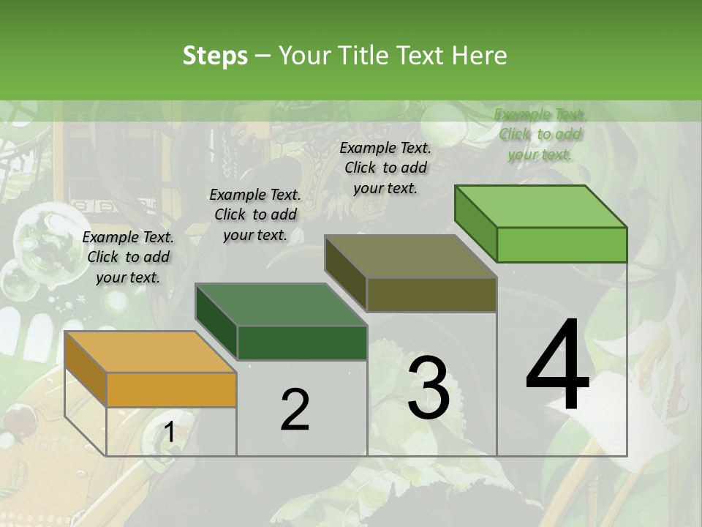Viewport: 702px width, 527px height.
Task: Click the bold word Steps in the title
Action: (215, 56)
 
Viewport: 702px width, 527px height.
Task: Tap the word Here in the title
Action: (480, 56)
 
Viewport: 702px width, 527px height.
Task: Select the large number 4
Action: (557, 366)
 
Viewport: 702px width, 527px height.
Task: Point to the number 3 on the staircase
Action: (429, 388)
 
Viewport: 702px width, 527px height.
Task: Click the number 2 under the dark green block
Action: (295, 410)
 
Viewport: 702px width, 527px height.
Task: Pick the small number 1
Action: (169, 433)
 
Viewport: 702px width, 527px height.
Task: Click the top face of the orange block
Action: (150, 351)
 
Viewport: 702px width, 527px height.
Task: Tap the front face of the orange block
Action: (171, 389)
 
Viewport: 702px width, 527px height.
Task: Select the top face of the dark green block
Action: (281, 304)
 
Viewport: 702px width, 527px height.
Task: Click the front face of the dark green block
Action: (302, 343)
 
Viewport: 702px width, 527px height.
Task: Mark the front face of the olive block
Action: (431, 294)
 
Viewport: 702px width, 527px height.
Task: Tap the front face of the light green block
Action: (562, 244)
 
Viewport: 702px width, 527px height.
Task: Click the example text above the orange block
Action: (128, 257)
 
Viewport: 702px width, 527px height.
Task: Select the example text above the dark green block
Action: (255, 214)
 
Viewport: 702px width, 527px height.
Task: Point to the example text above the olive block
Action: (385, 168)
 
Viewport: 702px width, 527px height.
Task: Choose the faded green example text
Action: (540, 134)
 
